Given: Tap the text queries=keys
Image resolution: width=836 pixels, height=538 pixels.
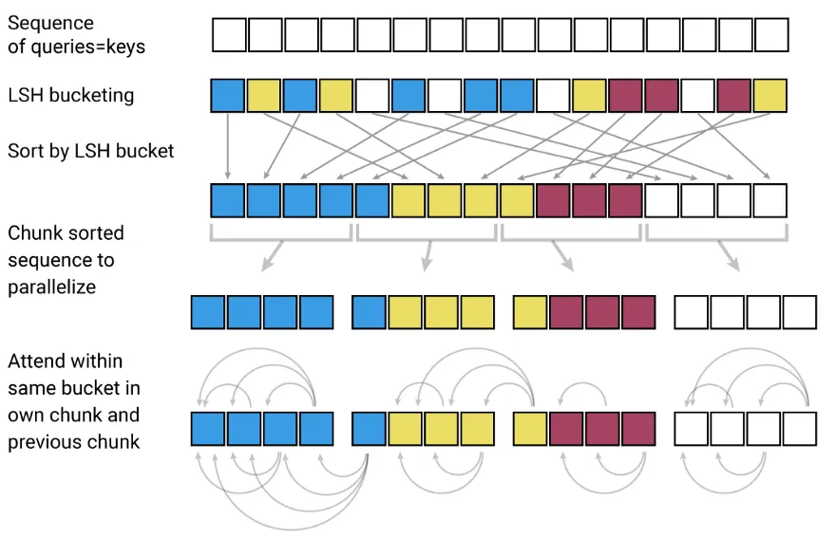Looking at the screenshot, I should (86, 46).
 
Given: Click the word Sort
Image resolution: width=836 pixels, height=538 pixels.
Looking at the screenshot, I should (27, 151).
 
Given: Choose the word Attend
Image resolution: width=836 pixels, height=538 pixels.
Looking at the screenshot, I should (39, 362).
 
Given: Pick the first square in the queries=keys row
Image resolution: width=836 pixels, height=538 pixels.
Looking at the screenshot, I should (228, 35).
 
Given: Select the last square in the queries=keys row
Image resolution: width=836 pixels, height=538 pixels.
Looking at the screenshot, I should (770, 35).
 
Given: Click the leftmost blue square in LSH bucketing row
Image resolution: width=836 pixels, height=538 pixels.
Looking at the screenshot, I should (228, 96).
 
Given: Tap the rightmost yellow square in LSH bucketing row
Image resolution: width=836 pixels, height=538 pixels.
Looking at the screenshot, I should (770, 96).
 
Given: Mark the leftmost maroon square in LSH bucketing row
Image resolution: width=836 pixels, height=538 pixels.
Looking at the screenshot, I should (626, 96).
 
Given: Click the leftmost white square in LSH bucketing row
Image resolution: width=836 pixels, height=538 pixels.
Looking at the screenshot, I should (372, 96).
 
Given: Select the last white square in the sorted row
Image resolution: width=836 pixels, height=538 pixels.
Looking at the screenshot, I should (770, 200).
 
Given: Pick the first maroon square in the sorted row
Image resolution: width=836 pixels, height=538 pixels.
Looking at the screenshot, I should (553, 200).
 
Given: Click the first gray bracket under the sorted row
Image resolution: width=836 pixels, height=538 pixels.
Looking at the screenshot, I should (281, 231).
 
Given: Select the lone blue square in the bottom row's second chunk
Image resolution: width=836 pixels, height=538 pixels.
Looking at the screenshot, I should (370, 429).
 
